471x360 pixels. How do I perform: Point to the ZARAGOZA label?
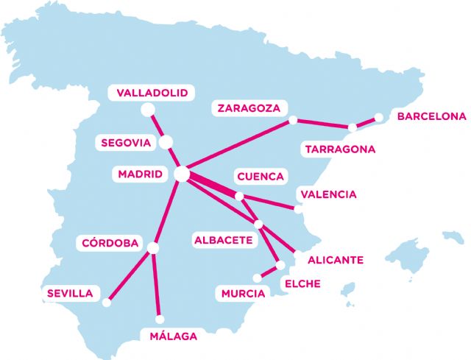point(249,108)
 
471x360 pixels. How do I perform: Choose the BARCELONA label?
point(431,116)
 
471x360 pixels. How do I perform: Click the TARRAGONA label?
point(340,149)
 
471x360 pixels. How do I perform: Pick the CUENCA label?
point(259,177)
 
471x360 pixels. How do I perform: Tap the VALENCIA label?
point(328,194)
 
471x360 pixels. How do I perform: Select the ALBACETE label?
point(224,240)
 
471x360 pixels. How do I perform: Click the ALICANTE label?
point(335,260)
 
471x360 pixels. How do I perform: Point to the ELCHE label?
point(302,283)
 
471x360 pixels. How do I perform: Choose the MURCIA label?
point(243,294)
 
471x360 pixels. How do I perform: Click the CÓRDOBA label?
point(110,243)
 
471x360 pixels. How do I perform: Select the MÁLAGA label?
point(173,336)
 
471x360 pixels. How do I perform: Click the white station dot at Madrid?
point(181,174)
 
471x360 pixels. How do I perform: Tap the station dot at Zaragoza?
point(293,119)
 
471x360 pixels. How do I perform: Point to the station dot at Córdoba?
point(153,247)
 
